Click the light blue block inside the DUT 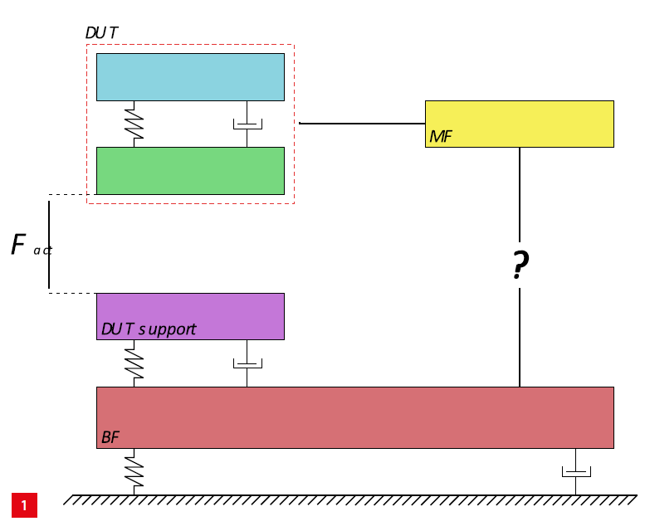click(x=190, y=76)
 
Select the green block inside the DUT click(x=190, y=170)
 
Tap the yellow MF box click(x=519, y=123)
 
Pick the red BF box click(x=354, y=417)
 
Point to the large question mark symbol click(x=520, y=265)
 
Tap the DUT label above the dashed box click(x=101, y=32)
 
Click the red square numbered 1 click(x=24, y=504)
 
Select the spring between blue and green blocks click(x=134, y=124)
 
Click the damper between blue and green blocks click(x=247, y=124)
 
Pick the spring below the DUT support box click(x=134, y=363)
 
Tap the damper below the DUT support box click(x=247, y=363)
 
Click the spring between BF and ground click(x=134, y=471)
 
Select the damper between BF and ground click(x=575, y=472)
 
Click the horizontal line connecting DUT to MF click(x=362, y=123)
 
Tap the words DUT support click(x=149, y=329)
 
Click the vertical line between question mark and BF click(x=520, y=337)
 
